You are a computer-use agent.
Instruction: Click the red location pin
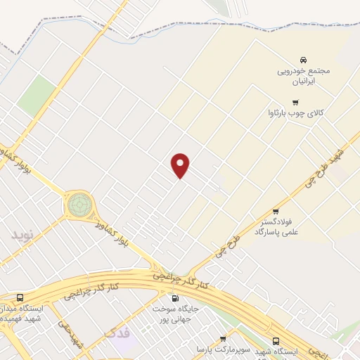(181, 165)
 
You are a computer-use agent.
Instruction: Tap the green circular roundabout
(79, 205)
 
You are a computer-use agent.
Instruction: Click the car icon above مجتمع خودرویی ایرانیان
(302, 60)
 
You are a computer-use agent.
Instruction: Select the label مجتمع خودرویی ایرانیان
(302, 76)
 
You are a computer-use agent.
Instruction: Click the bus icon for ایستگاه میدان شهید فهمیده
(20, 297)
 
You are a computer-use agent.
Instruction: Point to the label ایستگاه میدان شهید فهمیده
(28, 314)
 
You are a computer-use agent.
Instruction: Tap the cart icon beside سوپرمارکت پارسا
(223, 339)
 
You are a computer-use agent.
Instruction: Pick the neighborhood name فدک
(116, 331)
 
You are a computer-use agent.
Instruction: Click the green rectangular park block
(37, 96)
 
